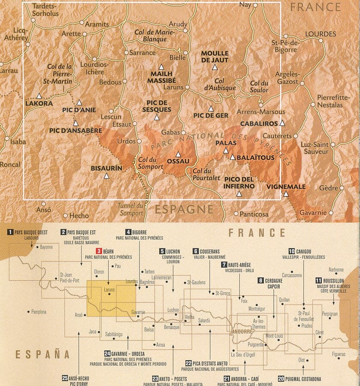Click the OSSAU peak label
(x=177, y=162)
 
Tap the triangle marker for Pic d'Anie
(x=79, y=103)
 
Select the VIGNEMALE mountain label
(x=286, y=187)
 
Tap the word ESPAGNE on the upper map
(x=184, y=209)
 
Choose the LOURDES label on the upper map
(x=321, y=34)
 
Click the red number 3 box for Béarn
(x=98, y=251)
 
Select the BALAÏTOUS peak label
(x=255, y=158)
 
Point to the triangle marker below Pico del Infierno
(x=239, y=194)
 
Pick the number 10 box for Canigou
(x=291, y=251)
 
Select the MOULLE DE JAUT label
(x=215, y=57)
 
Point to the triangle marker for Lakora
(x=39, y=96)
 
